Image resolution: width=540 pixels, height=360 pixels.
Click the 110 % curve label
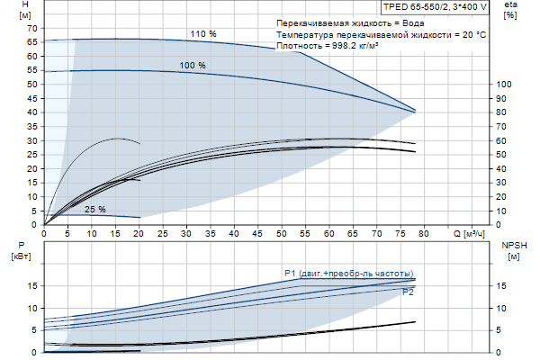203,34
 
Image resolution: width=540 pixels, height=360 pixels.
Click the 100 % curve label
193,66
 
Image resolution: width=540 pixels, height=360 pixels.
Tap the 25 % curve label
94,210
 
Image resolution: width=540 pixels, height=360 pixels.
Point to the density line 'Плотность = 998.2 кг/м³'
328,46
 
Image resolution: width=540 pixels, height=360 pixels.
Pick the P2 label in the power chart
408,292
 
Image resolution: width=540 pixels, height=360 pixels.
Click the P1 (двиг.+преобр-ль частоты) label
347,273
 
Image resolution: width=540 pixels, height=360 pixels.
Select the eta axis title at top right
511,10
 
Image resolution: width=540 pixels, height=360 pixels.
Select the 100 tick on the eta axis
505,85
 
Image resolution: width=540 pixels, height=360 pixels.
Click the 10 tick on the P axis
33,308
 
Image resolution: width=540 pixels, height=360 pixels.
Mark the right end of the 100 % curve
416,111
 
